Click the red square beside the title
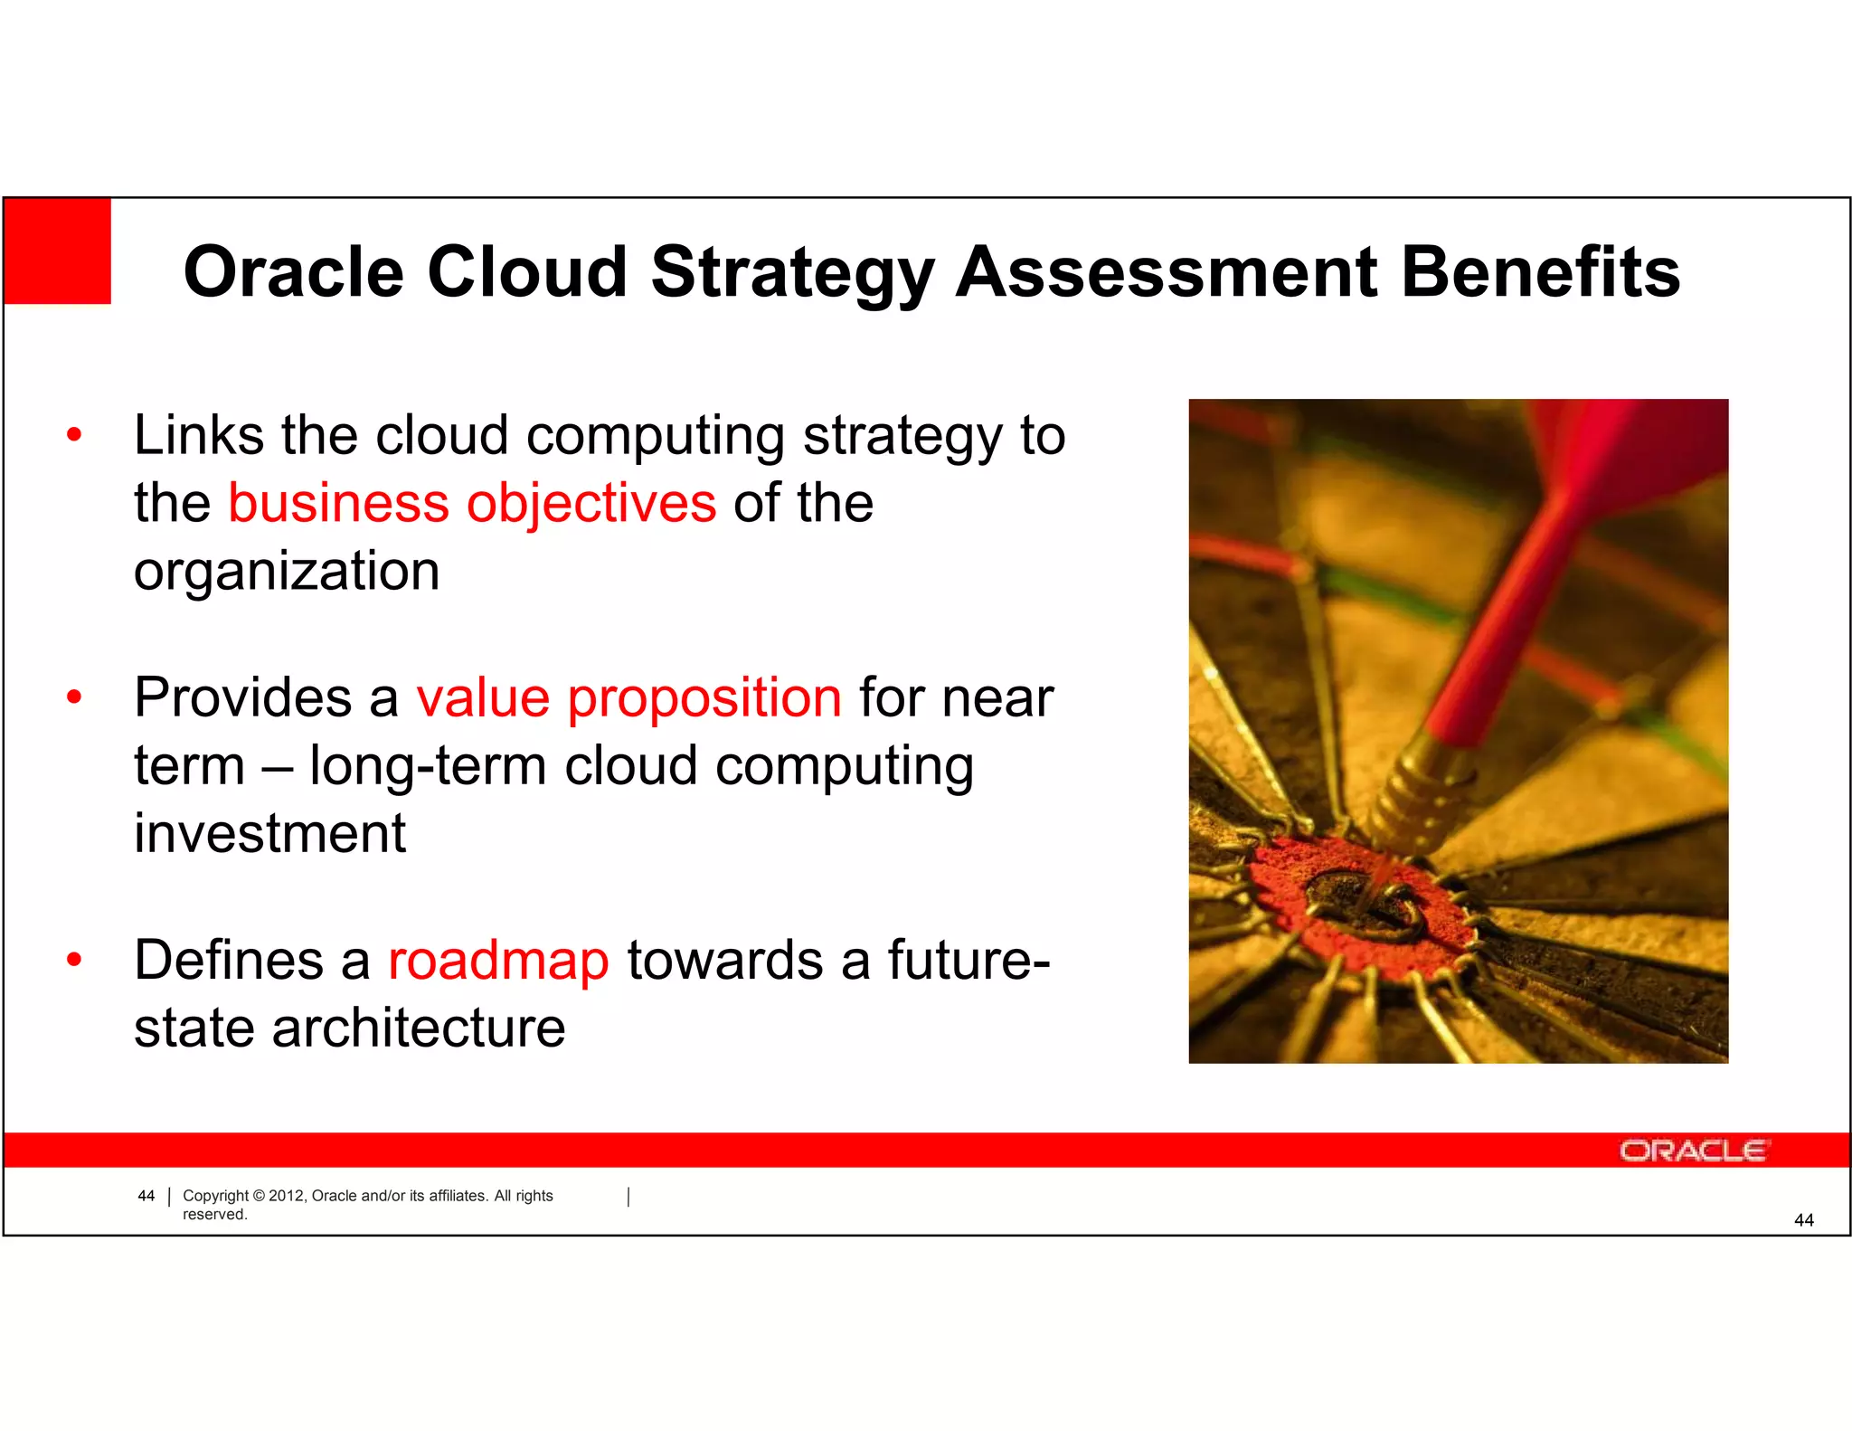pyautogui.click(x=58, y=251)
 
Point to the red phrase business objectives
pyautogui.click(x=471, y=503)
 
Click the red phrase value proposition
pyautogui.click(x=628, y=697)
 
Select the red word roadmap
pyautogui.click(x=498, y=960)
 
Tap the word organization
pyautogui.click(x=287, y=571)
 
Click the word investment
pyautogui.click(x=269, y=833)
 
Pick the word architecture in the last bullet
pyautogui.click(x=418, y=1028)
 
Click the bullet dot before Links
pyautogui.click(x=74, y=435)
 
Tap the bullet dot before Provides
pyautogui.click(x=74, y=697)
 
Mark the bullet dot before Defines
pyautogui.click(x=74, y=960)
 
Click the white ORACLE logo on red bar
pyautogui.click(x=1693, y=1151)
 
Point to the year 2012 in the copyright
pyautogui.click(x=287, y=1196)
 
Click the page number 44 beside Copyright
pyautogui.click(x=146, y=1196)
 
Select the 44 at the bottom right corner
pyautogui.click(x=1803, y=1220)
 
